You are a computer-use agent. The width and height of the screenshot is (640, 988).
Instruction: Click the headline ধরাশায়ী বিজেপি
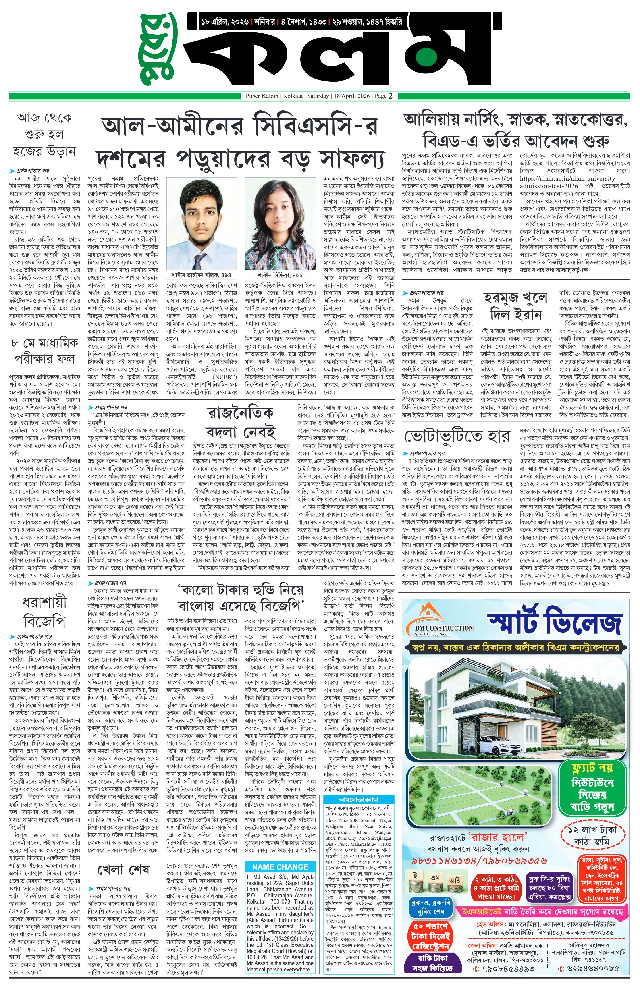[x=44, y=613]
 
